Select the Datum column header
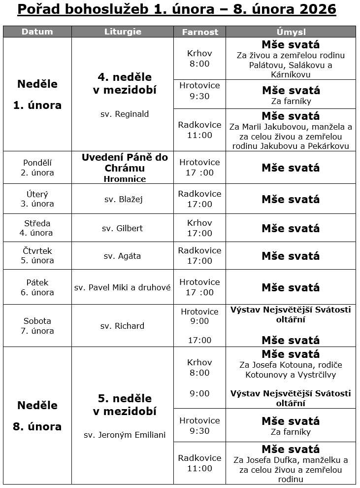[x=37, y=32]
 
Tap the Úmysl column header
[x=291, y=32]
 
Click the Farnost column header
[x=200, y=32]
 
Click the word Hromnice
[x=125, y=179]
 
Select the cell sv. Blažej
[x=124, y=199]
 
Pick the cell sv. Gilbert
[x=123, y=228]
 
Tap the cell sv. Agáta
[x=123, y=256]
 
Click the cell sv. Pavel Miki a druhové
[x=123, y=287]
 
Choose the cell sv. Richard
[x=123, y=326]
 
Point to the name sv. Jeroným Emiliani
[x=125, y=435]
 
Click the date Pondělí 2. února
[x=37, y=168]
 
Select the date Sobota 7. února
[x=37, y=326]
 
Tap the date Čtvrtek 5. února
[x=37, y=256]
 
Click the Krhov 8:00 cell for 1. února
[x=199, y=59]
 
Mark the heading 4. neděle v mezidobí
[x=125, y=84]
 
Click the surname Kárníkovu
[x=290, y=74]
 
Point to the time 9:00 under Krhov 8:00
[x=199, y=393]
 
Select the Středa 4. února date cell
[x=37, y=228]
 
